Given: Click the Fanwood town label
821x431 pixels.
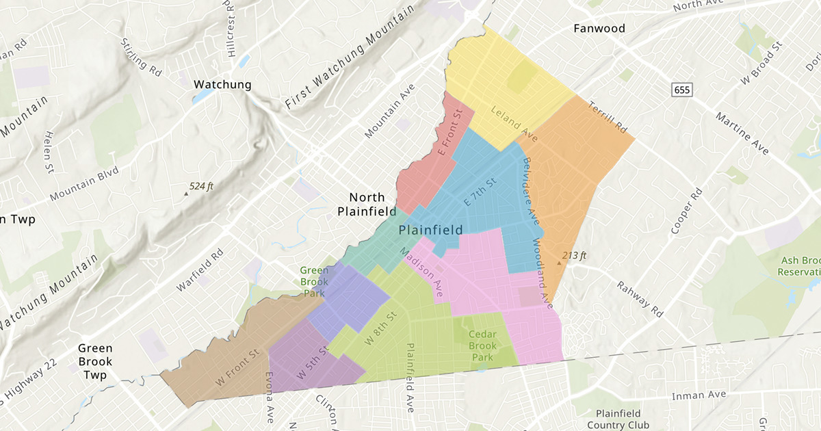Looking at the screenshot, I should pyautogui.click(x=599, y=29).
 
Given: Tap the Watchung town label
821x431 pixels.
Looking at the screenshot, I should pyautogui.click(x=223, y=85).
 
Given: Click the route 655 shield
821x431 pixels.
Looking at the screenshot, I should pyautogui.click(x=681, y=90).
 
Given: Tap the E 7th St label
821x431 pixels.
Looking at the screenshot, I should pyautogui.click(x=479, y=192).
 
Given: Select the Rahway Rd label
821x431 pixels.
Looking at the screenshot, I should pyautogui.click(x=640, y=300).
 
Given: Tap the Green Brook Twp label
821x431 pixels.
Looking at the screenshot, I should pyautogui.click(x=94, y=361).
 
